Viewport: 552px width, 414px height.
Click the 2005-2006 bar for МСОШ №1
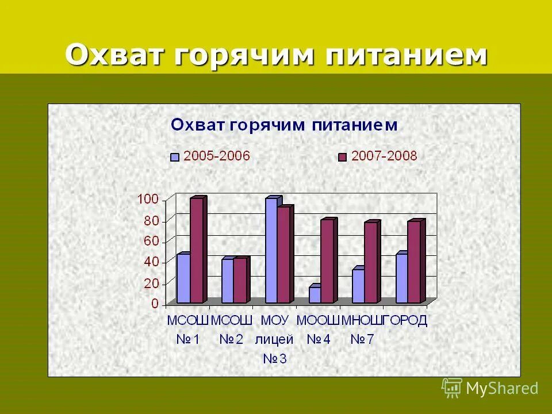coord(183,278)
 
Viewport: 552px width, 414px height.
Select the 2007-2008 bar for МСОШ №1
coord(197,251)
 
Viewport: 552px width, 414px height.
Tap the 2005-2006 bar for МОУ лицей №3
coord(271,251)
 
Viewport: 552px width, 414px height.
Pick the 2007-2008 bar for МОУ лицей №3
coord(284,255)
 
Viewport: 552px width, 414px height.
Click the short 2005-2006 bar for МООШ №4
coord(315,294)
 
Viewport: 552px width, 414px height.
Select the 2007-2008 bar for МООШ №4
coord(327,261)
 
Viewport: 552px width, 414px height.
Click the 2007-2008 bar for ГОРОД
coord(414,262)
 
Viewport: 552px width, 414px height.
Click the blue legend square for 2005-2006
coord(175,157)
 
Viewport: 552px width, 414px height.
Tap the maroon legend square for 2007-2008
coord(343,157)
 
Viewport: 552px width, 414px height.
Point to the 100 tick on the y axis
coord(147,199)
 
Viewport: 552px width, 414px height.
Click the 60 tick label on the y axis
coord(151,241)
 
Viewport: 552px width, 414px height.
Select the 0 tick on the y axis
coord(155,304)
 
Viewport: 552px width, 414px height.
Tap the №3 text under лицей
coord(275,359)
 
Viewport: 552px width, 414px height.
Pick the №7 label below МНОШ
coord(362,340)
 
